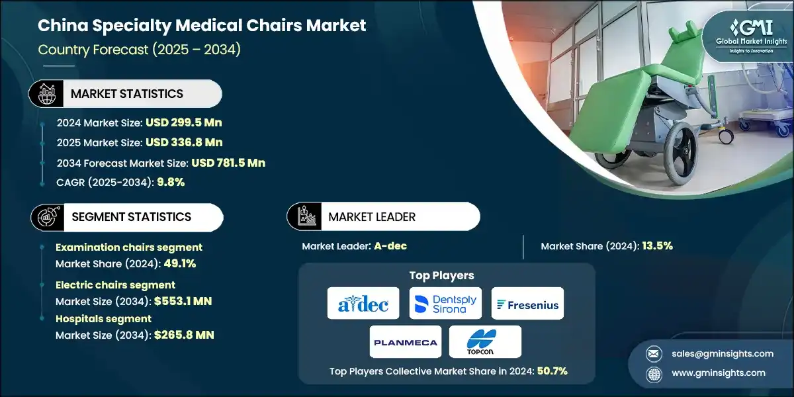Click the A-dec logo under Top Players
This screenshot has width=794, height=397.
tap(363, 304)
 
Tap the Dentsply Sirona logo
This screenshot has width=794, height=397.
tap(445, 304)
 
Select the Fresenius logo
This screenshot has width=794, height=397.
tap(528, 304)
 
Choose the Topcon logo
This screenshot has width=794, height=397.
tap(485, 342)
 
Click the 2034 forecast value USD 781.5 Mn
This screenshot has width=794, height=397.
tap(228, 163)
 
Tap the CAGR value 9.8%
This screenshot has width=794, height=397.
tap(170, 183)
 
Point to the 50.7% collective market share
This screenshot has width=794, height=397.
tap(549, 371)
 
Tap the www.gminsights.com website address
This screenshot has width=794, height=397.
tap(719, 373)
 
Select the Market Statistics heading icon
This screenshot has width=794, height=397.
tap(46, 93)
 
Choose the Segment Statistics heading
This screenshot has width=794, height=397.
tap(130, 217)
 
